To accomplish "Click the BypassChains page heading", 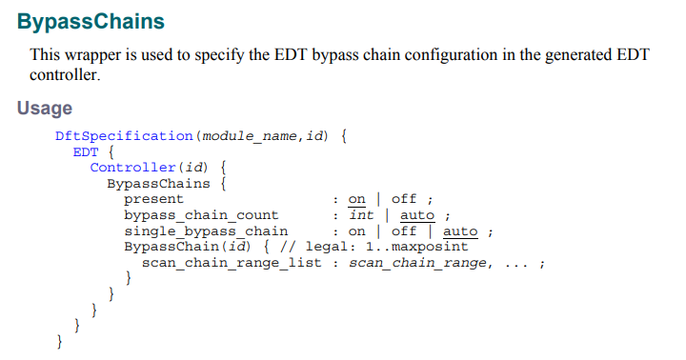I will [x=91, y=20].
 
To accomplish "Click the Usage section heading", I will [x=44, y=109].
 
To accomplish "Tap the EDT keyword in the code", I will [x=86, y=152].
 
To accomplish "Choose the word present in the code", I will [x=154, y=199].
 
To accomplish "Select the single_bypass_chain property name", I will [x=206, y=230].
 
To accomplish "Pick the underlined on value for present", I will [x=357, y=199].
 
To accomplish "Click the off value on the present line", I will [x=404, y=199].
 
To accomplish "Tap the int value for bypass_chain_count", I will [x=361, y=214].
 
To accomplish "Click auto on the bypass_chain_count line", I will [x=417, y=214].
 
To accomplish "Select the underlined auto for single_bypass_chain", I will [x=461, y=230].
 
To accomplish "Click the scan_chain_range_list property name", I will [x=232, y=262].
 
